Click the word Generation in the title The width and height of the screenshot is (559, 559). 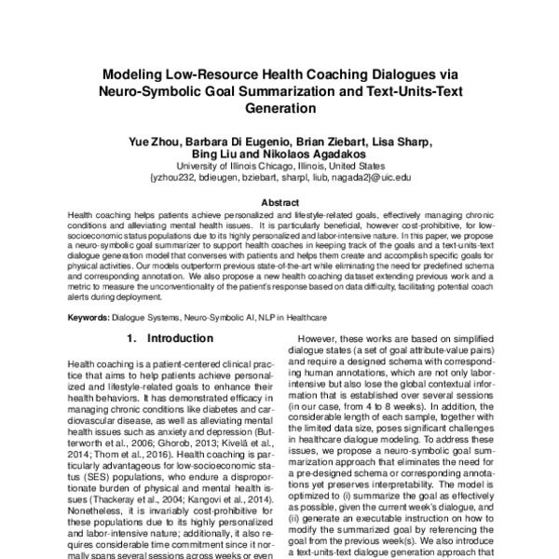click(279, 108)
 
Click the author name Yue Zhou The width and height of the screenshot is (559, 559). click(149, 142)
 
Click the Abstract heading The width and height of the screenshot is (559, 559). click(279, 202)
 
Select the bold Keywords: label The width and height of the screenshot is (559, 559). click(93, 318)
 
